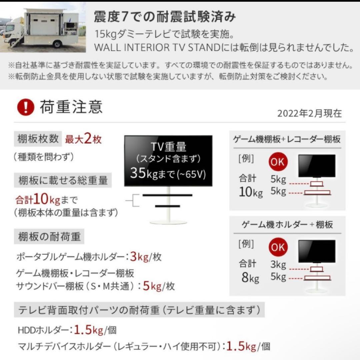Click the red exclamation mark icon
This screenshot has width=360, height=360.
25,108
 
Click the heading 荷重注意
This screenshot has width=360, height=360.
71,107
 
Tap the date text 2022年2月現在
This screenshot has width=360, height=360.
309,113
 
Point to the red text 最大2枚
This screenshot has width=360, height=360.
83,139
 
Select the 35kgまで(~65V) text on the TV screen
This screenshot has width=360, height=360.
168,173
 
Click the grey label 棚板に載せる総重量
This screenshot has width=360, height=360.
63,180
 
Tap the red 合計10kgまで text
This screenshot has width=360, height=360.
46,200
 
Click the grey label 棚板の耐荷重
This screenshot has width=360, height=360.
49,237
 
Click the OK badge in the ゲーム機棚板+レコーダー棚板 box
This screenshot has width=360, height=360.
278,162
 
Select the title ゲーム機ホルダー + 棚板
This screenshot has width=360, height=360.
287,225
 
